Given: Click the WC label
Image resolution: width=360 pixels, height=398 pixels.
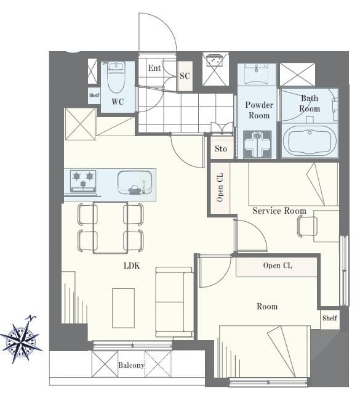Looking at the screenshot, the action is point(118,102).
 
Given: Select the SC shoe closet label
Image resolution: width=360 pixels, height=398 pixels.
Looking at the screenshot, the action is point(185,76).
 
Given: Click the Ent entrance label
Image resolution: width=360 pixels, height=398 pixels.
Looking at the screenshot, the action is point(154,68).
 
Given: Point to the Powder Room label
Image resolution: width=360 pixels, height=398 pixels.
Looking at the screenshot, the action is point(259,110).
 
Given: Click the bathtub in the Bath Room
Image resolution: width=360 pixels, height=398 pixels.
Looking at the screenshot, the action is point(310,142).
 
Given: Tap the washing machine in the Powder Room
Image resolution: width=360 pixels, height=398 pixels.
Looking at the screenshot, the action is point(258,144).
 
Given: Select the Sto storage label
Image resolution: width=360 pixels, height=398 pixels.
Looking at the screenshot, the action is point(220,148).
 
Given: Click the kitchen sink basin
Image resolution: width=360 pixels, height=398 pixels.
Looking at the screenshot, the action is point(135,183).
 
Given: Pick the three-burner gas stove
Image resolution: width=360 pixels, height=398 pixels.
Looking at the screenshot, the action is point(83,181).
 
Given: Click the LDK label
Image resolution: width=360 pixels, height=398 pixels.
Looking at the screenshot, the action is point(132,266).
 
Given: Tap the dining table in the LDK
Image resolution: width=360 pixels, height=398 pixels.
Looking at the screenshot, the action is point(110,227).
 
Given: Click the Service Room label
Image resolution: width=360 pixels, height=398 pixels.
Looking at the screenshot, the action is point(279,211).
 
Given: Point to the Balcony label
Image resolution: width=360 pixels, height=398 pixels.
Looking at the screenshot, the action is point(131,365).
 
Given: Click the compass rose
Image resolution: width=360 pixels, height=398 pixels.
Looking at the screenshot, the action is point(22,339).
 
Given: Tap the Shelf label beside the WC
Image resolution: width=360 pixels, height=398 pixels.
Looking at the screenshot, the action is point(94,95).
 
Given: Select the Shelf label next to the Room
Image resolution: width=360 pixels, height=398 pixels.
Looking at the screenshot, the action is point(330,318).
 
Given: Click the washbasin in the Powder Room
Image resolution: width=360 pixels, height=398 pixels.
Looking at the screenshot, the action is point(257,73).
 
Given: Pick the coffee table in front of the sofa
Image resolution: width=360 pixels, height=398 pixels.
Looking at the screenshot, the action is point(124,308).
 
